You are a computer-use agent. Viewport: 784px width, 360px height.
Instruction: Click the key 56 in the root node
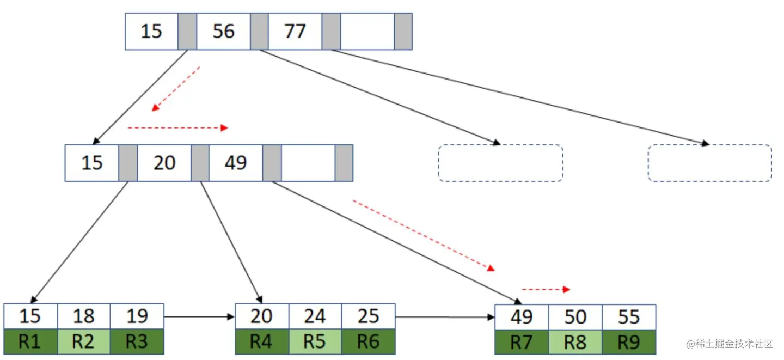223,32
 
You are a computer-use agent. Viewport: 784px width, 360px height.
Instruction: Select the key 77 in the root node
295,32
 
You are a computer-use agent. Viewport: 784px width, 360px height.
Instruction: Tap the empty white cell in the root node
367,32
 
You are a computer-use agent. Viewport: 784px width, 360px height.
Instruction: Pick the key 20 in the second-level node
164,163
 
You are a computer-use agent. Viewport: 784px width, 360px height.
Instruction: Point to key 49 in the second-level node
235,163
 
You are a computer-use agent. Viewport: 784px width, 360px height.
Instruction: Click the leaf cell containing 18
83,316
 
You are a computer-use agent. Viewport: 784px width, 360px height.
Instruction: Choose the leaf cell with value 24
315,316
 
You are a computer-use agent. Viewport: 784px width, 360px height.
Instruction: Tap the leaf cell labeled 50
575,317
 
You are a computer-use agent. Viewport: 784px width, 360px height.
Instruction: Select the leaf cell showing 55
628,317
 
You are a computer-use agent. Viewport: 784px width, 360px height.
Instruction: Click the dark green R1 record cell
30,341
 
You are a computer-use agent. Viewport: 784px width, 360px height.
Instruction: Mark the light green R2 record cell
83,341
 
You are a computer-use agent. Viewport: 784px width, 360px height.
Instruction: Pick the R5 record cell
315,341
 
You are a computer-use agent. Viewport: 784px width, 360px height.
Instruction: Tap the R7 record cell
522,342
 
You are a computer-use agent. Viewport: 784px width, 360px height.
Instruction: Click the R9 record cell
628,342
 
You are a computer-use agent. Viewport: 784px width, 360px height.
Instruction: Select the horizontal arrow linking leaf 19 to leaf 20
199,316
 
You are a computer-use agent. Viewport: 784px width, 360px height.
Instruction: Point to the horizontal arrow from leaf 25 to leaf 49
445,316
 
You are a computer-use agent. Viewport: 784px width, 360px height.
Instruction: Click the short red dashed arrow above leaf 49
546,289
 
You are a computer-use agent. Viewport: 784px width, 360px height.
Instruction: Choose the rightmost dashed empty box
709,163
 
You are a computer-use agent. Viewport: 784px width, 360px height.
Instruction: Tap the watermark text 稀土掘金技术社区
730,344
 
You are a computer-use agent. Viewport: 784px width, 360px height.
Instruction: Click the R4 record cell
261,341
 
